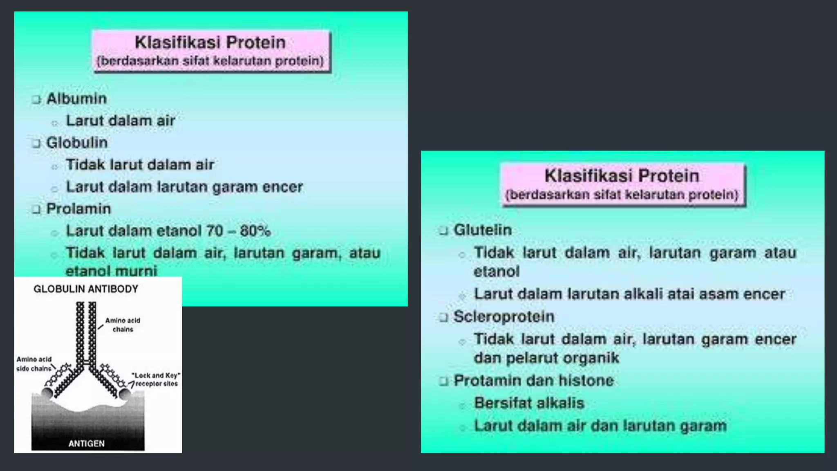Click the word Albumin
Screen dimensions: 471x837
pyautogui.click(x=76, y=99)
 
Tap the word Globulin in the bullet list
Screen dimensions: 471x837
pyautogui.click(x=77, y=143)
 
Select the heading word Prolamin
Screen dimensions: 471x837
pyautogui.click(x=78, y=209)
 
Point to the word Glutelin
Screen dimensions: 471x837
pyautogui.click(x=483, y=230)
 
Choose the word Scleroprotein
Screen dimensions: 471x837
pyautogui.click(x=504, y=316)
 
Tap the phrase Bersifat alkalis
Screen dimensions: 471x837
pyautogui.click(x=529, y=403)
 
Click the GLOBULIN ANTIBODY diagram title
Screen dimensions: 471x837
pyautogui.click(x=86, y=289)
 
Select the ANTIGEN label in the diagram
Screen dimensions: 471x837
pyautogui.click(x=86, y=444)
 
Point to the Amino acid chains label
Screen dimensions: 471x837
pyautogui.click(x=123, y=325)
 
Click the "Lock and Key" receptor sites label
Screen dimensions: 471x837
pyautogui.click(x=156, y=379)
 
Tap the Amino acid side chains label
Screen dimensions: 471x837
pyautogui.click(x=34, y=364)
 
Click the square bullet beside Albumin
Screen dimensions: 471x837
pyautogui.click(x=36, y=99)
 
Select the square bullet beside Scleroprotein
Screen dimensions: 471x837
pyautogui.click(x=444, y=318)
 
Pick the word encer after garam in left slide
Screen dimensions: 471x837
pyautogui.click(x=282, y=187)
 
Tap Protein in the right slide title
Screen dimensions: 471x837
pyautogui.click(x=669, y=176)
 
